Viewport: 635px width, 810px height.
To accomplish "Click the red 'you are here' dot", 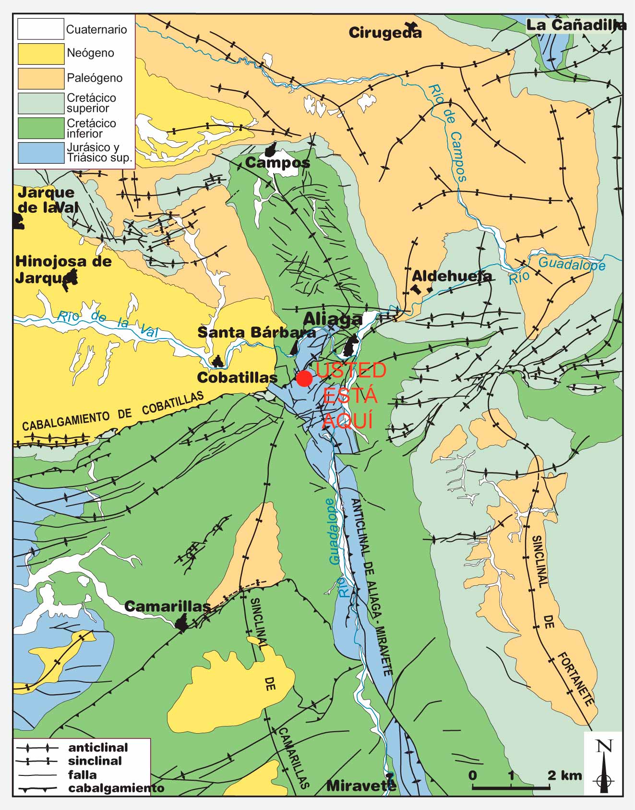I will (x=304, y=378).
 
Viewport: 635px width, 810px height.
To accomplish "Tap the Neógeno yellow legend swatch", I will (x=41, y=54).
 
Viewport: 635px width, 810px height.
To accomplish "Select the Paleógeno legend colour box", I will (x=41, y=78).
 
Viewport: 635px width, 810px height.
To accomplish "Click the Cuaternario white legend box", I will (x=41, y=29).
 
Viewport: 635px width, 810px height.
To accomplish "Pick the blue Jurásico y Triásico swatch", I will (x=41, y=153).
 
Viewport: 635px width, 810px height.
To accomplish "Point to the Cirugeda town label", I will (x=385, y=33).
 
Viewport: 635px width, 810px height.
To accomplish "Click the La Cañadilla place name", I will (x=576, y=25).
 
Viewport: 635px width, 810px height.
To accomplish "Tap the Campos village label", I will (x=277, y=163).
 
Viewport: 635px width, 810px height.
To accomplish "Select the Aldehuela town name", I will (x=452, y=276).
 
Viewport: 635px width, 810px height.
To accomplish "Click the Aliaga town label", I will (x=332, y=319).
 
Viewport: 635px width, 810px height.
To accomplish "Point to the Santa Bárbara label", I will (x=257, y=332).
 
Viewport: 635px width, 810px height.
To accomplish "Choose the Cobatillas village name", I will (x=237, y=377).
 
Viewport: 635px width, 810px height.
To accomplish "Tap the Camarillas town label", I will (x=168, y=606).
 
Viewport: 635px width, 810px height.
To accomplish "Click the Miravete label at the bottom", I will (x=361, y=786).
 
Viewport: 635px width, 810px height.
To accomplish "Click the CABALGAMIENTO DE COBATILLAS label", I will (x=113, y=412).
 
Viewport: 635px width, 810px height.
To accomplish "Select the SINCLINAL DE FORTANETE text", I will (x=562, y=620).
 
